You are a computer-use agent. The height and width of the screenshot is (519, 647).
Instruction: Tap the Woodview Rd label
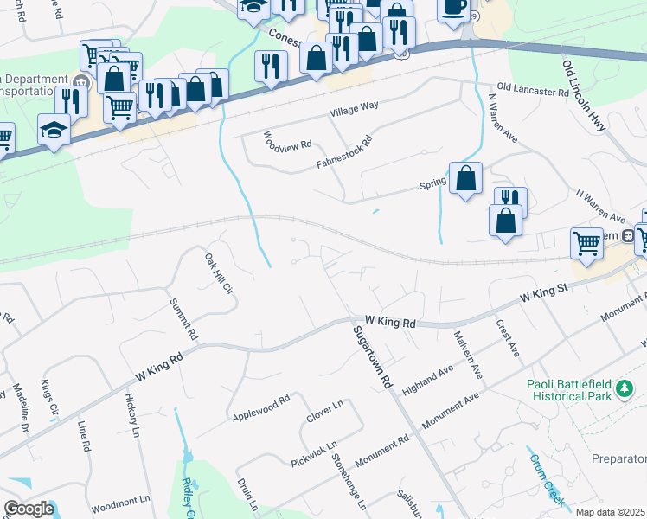click(x=287, y=139)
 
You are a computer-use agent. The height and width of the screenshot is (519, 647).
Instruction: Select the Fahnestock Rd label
click(x=343, y=151)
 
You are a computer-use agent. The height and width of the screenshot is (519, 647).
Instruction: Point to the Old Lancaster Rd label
click(x=534, y=90)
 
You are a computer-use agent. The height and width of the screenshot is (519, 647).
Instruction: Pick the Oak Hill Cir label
click(x=220, y=274)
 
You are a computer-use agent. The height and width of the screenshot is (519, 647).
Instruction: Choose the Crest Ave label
click(x=506, y=338)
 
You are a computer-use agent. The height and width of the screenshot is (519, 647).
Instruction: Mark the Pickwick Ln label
click(x=313, y=454)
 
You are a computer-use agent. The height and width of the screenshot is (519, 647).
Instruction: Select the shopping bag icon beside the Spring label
click(x=465, y=178)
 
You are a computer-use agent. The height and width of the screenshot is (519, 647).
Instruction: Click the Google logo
click(x=29, y=509)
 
